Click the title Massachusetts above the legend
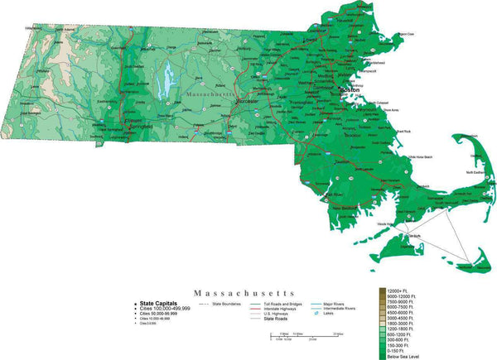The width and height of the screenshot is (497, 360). [244, 292]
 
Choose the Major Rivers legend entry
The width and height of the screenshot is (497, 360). [329, 303]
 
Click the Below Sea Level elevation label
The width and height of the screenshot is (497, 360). [403, 356]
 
